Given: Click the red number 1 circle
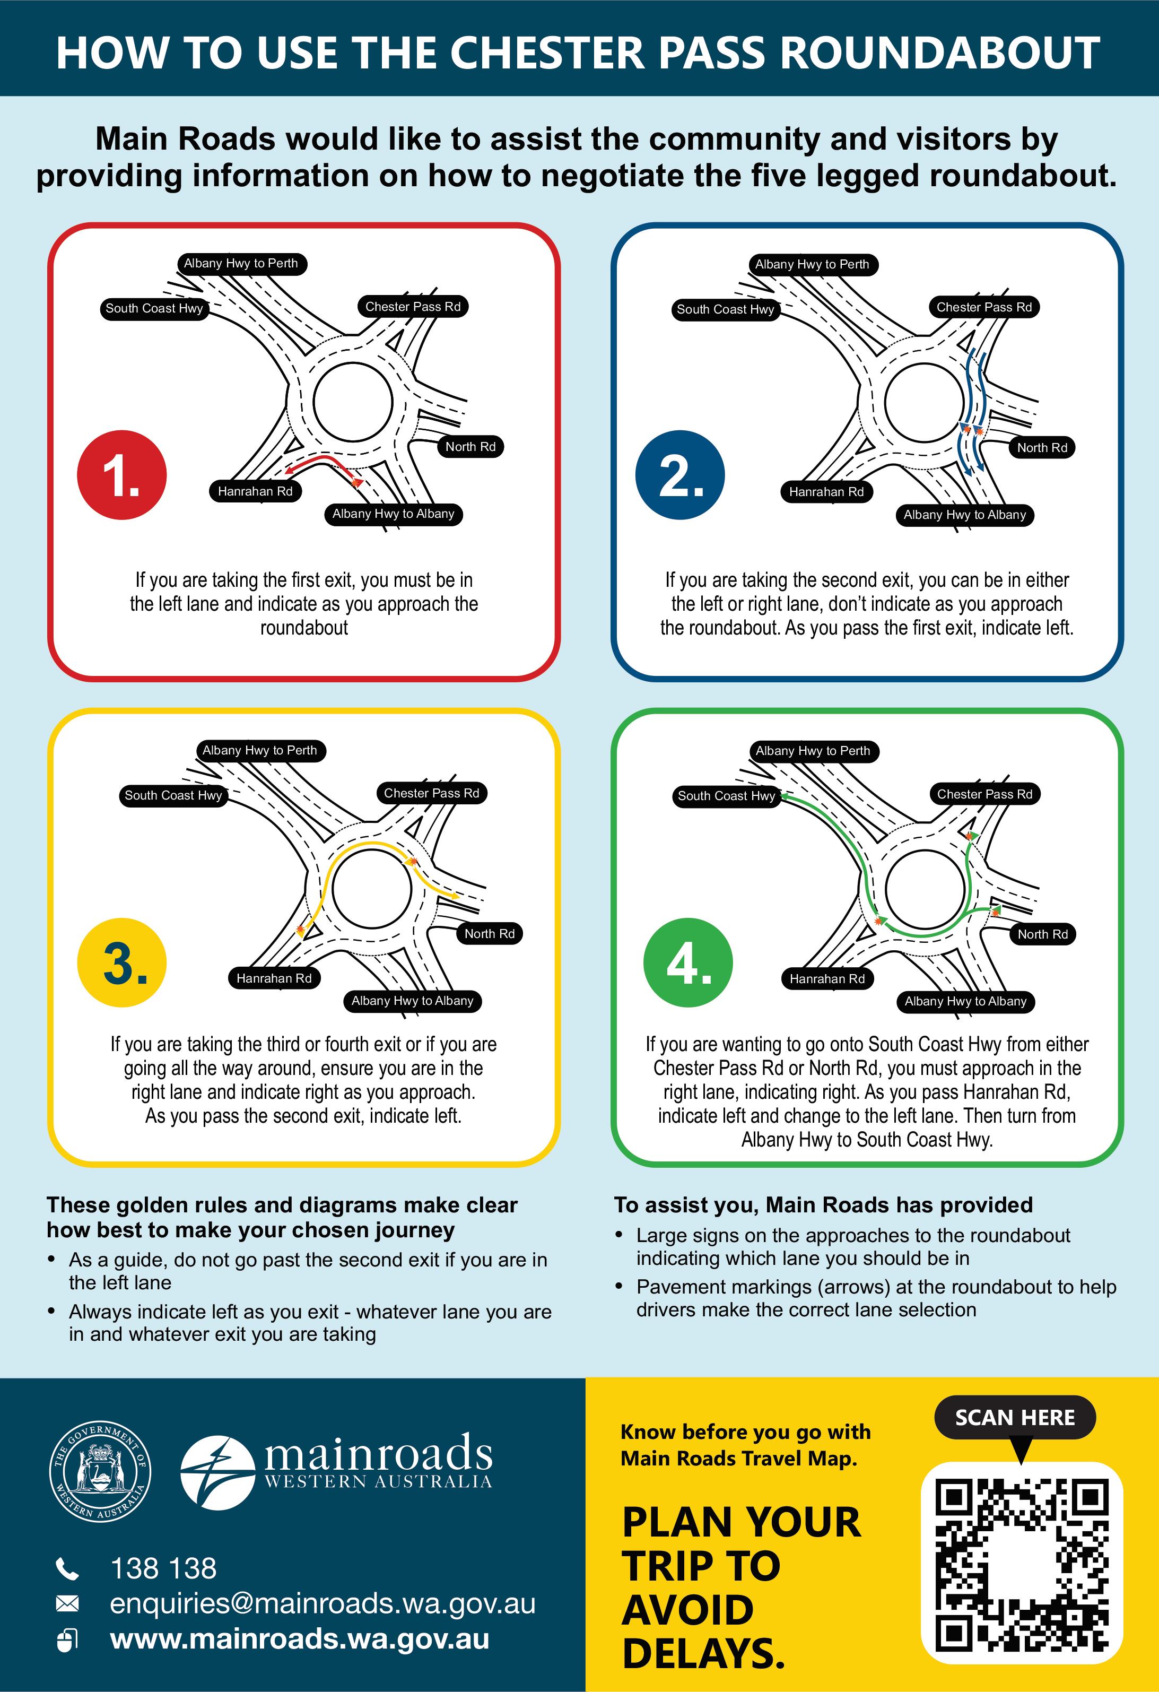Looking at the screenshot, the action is [121, 475].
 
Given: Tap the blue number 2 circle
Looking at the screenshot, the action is [680, 475].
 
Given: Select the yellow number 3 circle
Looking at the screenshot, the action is [121, 962].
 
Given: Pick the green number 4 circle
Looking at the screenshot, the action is [688, 962].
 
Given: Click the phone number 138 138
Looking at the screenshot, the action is [163, 1568].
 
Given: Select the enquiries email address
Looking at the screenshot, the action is [323, 1603].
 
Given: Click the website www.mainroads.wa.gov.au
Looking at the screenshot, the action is [299, 1639].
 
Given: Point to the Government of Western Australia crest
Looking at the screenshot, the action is [100, 1471].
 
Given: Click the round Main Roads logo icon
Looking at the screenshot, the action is [217, 1471].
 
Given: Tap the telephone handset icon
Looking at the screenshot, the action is [67, 1569].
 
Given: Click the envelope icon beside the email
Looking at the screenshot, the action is [67, 1603].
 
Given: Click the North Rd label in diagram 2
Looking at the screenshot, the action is [1042, 448].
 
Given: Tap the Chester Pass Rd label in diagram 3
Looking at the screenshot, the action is [432, 793].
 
